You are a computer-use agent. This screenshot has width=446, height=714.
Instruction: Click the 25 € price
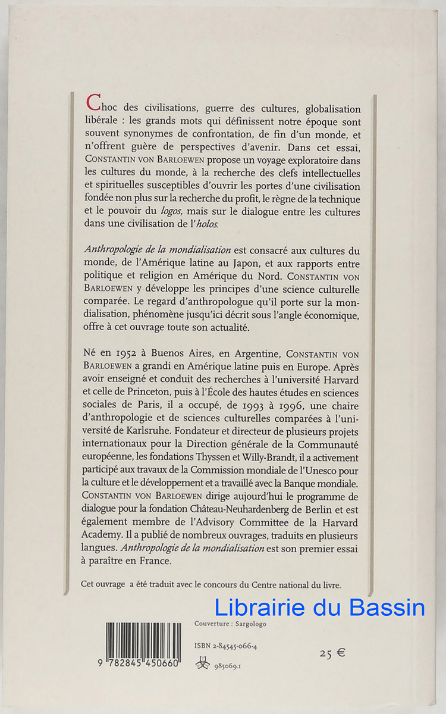pos(332,653)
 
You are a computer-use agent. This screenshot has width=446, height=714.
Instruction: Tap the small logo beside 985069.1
pos(202,665)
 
